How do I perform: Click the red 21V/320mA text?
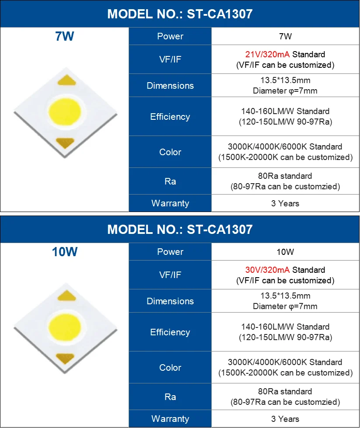point(268,55)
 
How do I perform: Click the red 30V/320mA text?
point(268,270)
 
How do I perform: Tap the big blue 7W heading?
point(64,37)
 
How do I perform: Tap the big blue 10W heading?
point(64,252)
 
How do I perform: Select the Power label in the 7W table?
point(170,36)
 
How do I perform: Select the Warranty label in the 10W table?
point(170,419)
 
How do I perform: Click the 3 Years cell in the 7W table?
point(285,203)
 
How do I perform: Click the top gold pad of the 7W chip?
point(65,81)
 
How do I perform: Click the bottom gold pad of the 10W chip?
point(65,358)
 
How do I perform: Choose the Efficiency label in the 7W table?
point(170,117)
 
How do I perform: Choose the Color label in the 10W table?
point(170,368)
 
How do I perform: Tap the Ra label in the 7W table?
point(170,181)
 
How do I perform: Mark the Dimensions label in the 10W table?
point(170,301)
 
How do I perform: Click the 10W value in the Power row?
point(285,252)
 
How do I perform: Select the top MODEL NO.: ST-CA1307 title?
point(180,14)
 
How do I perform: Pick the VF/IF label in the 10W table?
point(170,275)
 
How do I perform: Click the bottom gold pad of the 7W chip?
point(65,143)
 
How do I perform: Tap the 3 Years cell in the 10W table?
point(285,419)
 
